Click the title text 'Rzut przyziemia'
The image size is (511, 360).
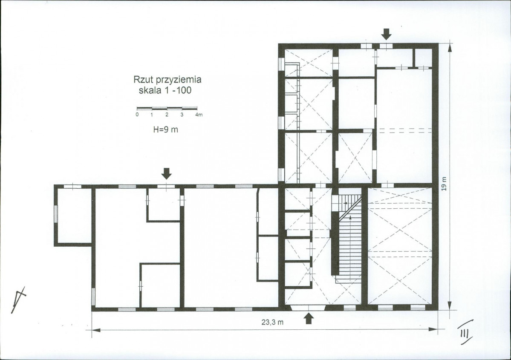pyautogui.click(x=167, y=80)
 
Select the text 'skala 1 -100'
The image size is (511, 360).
pyautogui.click(x=165, y=90)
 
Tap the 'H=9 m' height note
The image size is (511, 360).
pyautogui.click(x=165, y=130)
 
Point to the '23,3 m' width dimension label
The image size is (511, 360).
pyautogui.click(x=272, y=323)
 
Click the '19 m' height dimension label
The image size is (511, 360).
pyautogui.click(x=445, y=184)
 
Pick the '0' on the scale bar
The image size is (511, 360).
pyautogui.click(x=137, y=115)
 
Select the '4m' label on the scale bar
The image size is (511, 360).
pyautogui.click(x=199, y=115)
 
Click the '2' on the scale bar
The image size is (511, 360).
pyautogui.click(x=167, y=115)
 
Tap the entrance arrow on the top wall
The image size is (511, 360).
pyautogui.click(x=387, y=34)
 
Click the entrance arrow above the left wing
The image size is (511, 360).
pyautogui.click(x=167, y=174)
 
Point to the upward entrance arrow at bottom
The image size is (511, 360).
pyautogui.click(x=309, y=318)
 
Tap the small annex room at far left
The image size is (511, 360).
pyautogui.click(x=73, y=215)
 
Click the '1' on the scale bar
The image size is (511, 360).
pyautogui.click(x=152, y=115)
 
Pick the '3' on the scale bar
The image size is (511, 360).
pyautogui.click(x=182, y=115)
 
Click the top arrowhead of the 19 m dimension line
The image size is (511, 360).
pyautogui.click(x=450, y=48)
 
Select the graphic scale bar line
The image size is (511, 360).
pyautogui.click(x=167, y=108)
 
